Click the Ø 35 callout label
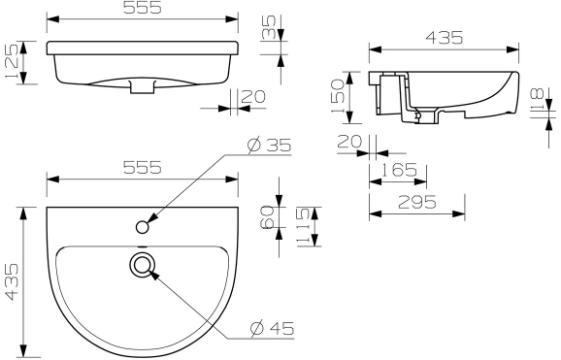click(x=269, y=145)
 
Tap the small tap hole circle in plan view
click(x=143, y=227)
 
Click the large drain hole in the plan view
click(x=143, y=264)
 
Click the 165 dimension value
click(x=398, y=170)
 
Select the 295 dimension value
click(x=417, y=203)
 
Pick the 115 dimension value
click(x=303, y=226)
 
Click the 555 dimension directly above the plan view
click(x=143, y=167)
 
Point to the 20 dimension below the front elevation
click(x=252, y=95)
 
